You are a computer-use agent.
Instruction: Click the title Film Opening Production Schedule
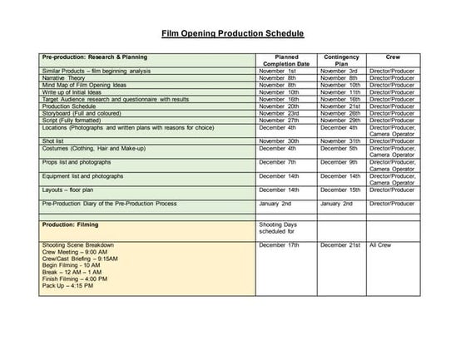pos(232,35)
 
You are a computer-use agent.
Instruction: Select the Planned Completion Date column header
pos(286,61)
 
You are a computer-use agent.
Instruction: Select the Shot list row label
pos(56,140)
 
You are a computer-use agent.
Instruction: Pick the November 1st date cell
pos(278,72)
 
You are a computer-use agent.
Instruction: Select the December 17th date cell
pos(279,245)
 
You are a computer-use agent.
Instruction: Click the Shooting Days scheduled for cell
pos(278,228)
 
